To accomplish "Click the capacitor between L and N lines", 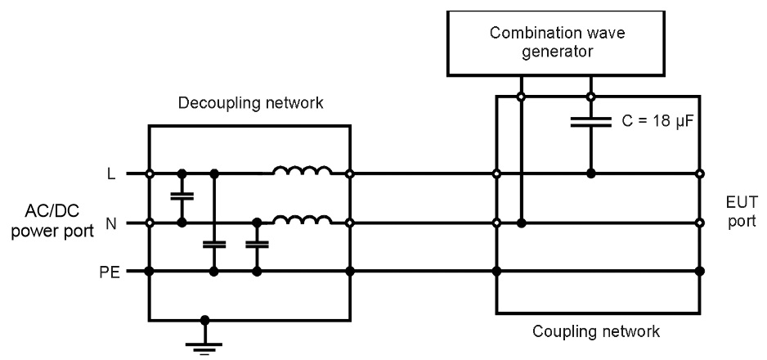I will coord(182,197).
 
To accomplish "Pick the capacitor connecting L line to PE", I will coord(214,245).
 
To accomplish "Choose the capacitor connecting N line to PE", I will coord(257,245).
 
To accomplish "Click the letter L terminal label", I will coord(111,173).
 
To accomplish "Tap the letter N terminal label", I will coord(111,222).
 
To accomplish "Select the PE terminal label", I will coord(110,271).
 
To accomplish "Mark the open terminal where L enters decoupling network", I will coord(149,173).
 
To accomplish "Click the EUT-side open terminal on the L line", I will coord(700,173).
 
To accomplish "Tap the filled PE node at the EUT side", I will coord(700,271).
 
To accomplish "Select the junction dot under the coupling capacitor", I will coord(590,173).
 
